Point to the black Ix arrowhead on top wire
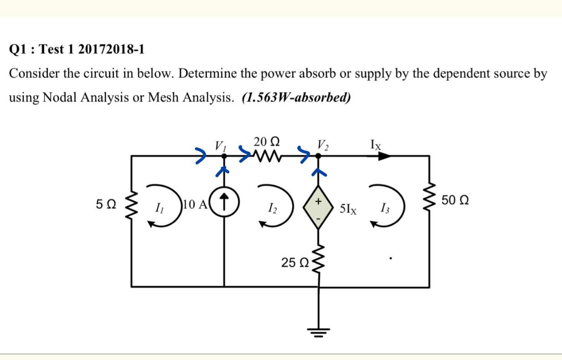click(x=384, y=156)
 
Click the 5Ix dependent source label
click(x=348, y=210)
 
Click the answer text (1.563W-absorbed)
click(x=296, y=98)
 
